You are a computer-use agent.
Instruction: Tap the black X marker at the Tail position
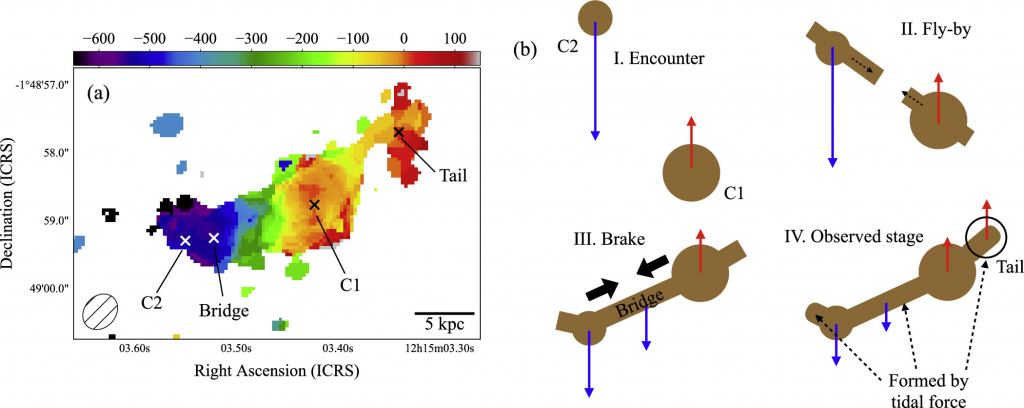pos(399,132)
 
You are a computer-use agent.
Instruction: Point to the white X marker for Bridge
pos(213,238)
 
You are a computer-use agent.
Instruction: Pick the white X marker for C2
pos(185,240)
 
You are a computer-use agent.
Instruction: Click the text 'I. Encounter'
pos(659,59)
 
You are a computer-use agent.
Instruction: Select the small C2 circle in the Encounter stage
pos(595,15)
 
